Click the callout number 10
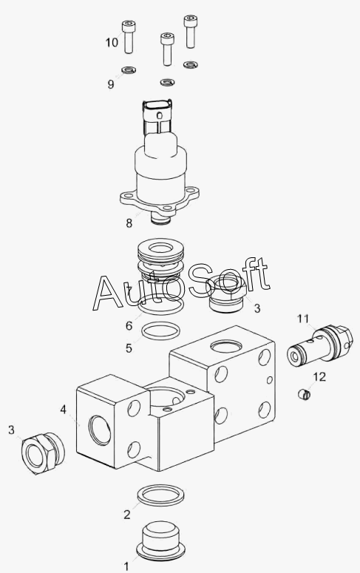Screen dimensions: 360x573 (112, 42)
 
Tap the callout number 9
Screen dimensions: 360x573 (111, 84)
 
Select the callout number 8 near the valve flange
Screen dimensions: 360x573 (129, 223)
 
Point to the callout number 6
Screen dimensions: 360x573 (129, 325)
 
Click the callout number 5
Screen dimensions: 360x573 (129, 348)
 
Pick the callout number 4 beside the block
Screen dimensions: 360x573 (64, 410)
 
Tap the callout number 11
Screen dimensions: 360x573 (303, 319)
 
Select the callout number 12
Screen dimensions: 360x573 (319, 376)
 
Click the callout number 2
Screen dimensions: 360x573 (127, 515)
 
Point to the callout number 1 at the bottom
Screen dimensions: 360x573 (126, 567)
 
